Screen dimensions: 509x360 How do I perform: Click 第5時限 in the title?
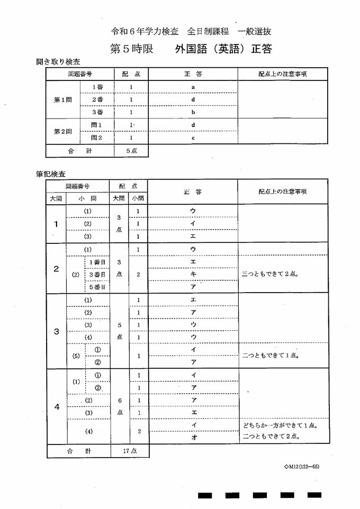point(131,49)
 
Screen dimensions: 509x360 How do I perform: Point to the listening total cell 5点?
point(131,150)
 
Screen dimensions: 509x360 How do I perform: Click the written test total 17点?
point(130,451)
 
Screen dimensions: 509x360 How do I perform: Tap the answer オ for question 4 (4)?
point(193,437)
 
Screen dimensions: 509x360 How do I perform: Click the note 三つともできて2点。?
point(271,274)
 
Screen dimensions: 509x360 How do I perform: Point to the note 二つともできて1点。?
point(270,356)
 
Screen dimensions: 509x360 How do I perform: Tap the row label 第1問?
point(63,99)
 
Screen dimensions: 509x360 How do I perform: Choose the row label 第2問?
point(63,131)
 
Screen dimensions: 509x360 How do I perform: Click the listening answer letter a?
point(193,86)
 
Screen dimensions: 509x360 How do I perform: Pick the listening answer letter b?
point(193,112)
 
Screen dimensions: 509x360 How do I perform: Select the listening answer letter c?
point(193,138)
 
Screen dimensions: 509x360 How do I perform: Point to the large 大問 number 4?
point(56,407)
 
